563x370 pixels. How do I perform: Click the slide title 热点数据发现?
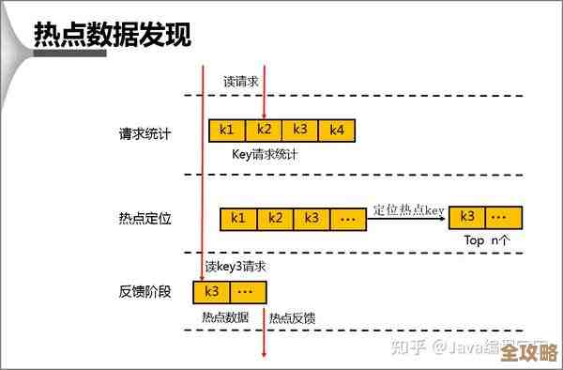tap(113, 36)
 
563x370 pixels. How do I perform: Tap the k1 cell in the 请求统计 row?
tap(227, 130)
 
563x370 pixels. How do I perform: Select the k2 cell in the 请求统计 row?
tap(264, 130)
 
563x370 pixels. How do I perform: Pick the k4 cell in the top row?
tap(337, 130)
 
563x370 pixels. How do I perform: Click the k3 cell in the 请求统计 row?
tap(300, 130)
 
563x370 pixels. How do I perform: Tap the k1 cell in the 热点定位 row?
tap(238, 219)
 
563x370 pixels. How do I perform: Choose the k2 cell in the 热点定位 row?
tap(275, 219)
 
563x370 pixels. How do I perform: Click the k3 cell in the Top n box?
tap(467, 218)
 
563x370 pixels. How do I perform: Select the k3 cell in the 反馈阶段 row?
tap(211, 292)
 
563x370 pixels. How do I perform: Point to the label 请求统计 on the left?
tap(145, 133)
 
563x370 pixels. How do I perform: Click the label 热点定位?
tap(145, 219)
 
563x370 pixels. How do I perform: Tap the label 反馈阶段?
tap(145, 291)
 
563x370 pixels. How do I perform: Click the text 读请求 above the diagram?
tap(240, 82)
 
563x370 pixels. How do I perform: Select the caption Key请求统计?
tap(265, 154)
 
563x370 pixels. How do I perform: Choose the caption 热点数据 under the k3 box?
tap(225, 317)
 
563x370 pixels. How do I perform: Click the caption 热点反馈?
tap(292, 318)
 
